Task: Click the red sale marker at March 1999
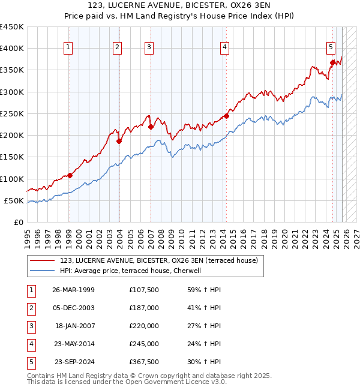[x=70, y=175]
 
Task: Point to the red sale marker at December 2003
[x=119, y=141]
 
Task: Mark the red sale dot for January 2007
[x=150, y=127]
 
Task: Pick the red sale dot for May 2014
[x=226, y=116]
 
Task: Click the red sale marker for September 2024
[x=332, y=62]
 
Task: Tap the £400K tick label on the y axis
[x=12, y=49]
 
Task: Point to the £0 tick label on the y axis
[x=19, y=222]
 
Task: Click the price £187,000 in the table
[x=143, y=308]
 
